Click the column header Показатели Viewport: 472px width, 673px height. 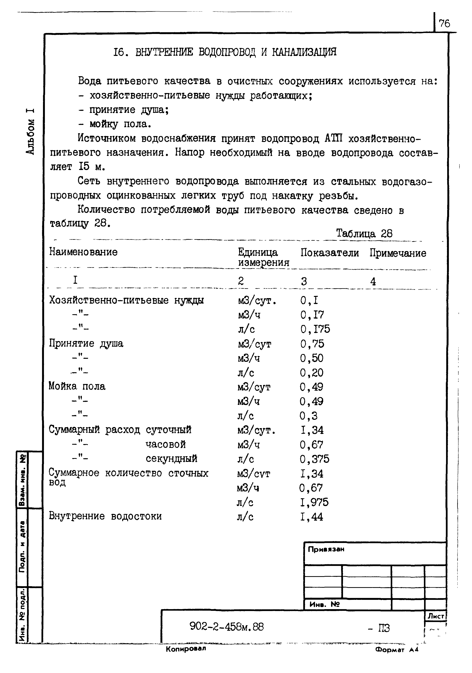coord(329,253)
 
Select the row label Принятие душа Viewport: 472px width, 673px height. coord(86,343)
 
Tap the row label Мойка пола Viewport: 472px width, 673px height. coord(77,386)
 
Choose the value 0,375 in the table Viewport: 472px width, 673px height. coord(314,459)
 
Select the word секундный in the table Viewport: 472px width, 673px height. coord(171,458)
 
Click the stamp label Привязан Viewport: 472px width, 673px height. coord(326,549)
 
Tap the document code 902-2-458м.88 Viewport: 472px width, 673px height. coord(227,627)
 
